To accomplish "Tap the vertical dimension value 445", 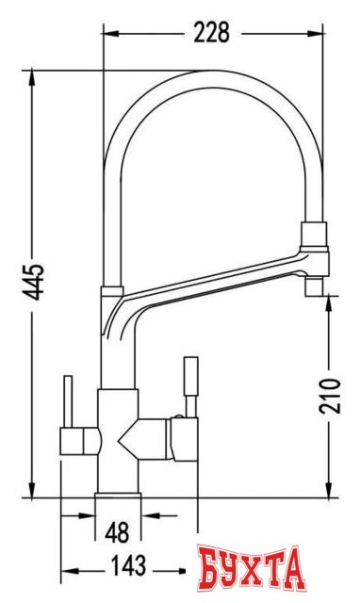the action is (x=33, y=282).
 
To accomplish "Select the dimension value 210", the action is (x=330, y=396).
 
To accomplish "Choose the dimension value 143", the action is (x=128, y=565).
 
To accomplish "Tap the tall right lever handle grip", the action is (x=191, y=376).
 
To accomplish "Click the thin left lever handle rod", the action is (x=68, y=401).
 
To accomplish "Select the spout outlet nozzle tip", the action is (x=314, y=286).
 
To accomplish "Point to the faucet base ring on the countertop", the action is (x=118, y=495).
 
